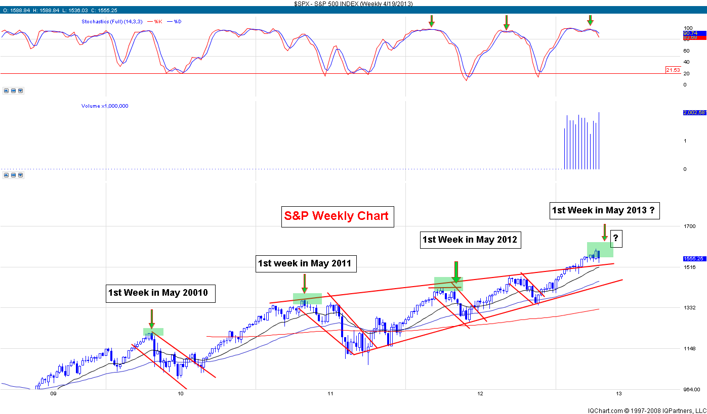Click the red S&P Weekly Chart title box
coord(336,216)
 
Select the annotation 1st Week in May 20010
coord(160,292)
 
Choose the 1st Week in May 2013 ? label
coord(605,210)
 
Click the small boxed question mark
coord(615,238)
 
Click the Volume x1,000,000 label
coord(105,106)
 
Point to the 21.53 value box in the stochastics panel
coord(673,70)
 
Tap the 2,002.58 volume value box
coord(693,113)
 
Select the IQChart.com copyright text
coord(646,410)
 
